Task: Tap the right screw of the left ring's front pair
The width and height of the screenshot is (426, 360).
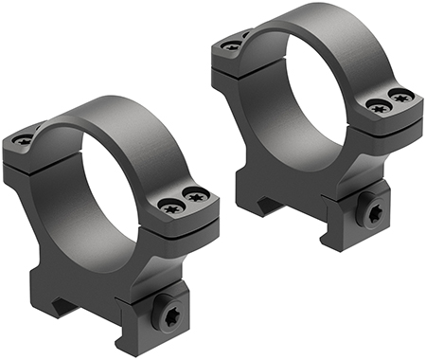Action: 197,197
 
